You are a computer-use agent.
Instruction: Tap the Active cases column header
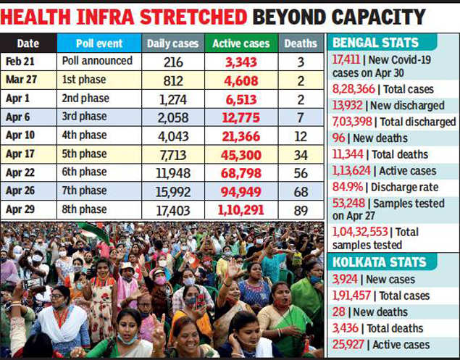coord(241,44)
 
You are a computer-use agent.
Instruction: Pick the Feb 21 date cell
coord(22,62)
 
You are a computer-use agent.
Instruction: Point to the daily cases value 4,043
coord(174,135)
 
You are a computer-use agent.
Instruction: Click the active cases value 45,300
coord(241,154)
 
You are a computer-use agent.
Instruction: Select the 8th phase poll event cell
coord(85,209)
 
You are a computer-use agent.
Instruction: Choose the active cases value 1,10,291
coord(241,209)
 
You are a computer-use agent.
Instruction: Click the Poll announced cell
coord(97,62)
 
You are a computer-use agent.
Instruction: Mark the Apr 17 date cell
coord(22,154)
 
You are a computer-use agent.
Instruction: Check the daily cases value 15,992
coord(174,191)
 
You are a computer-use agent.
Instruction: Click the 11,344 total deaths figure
coord(348,154)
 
